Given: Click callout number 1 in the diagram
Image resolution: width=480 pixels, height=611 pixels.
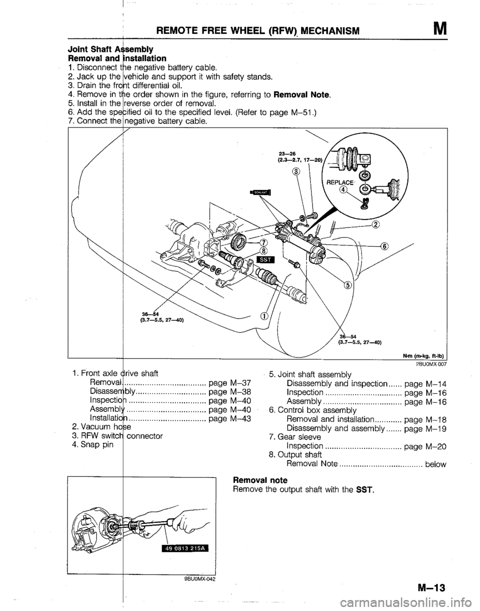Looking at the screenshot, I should tap(262, 315).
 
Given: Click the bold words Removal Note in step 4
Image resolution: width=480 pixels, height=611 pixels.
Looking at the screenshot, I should tap(307, 95).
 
